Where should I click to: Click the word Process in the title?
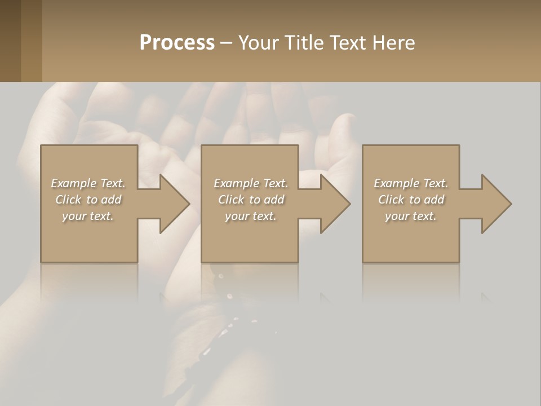tap(177, 43)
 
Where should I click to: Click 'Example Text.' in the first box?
tap(88, 183)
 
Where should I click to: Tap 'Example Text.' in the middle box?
tap(250, 183)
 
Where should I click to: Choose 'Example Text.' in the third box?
tap(411, 183)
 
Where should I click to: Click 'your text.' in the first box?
tap(88, 216)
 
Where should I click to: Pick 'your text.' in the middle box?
tap(250, 216)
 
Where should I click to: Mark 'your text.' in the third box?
tap(411, 216)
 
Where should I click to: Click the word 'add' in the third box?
tap(434, 200)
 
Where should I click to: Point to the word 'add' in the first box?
tap(112, 200)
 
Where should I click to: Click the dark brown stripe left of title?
tap(10, 41)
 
